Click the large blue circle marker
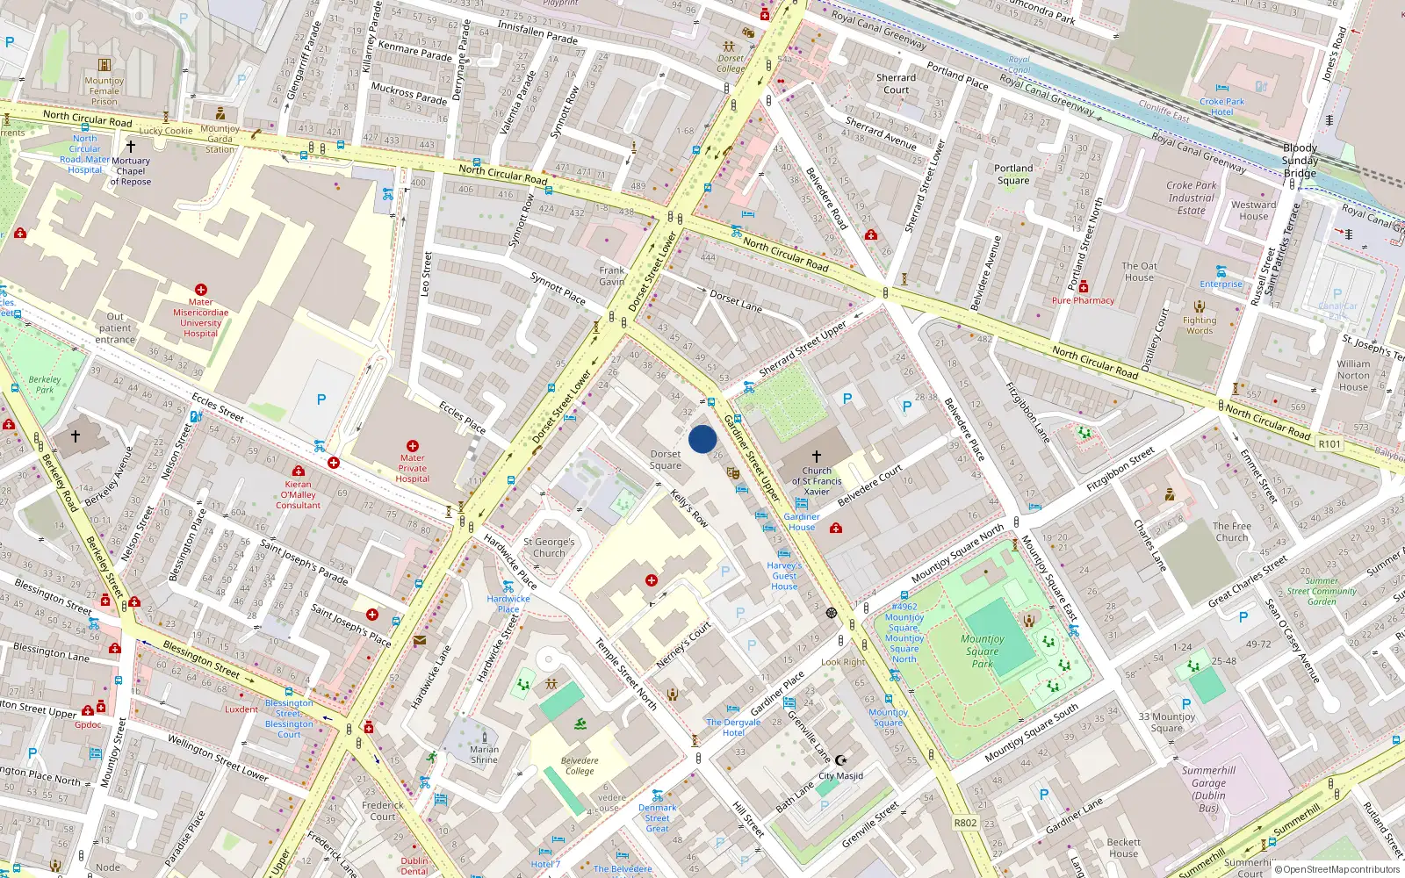(x=702, y=439)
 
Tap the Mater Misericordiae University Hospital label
(x=200, y=318)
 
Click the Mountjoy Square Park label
(x=982, y=651)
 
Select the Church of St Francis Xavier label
(x=817, y=481)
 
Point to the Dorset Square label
(x=666, y=460)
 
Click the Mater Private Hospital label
(x=412, y=468)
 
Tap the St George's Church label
(x=549, y=548)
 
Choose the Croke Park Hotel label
(x=1221, y=106)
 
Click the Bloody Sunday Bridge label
(x=1300, y=161)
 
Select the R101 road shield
(x=1329, y=444)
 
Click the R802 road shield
(x=965, y=823)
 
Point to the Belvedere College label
(x=580, y=766)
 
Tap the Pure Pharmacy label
(x=1083, y=300)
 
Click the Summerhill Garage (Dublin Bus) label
(x=1208, y=789)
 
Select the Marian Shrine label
(x=484, y=755)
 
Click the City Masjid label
(x=840, y=776)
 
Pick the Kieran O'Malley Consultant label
(x=299, y=494)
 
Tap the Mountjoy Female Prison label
(x=104, y=91)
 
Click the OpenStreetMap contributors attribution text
(x=1337, y=870)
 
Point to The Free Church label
(x=1231, y=532)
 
